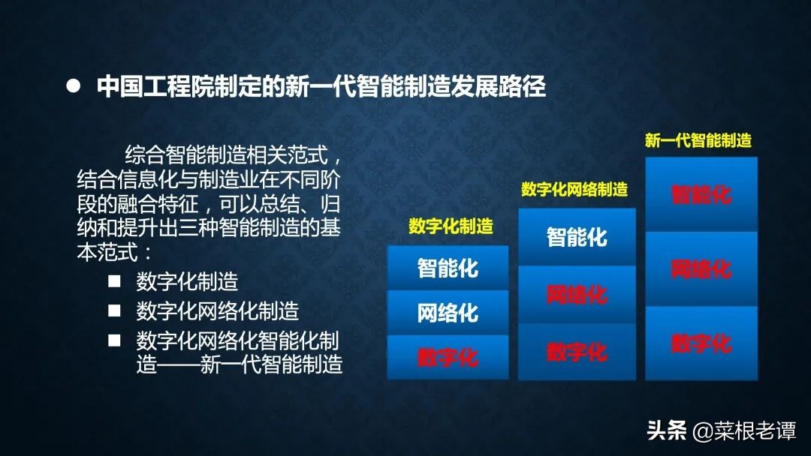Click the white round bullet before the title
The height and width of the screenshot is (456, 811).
pos(74,85)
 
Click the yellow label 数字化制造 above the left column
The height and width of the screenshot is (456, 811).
pos(451,226)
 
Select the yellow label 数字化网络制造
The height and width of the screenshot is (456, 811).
pos(574,189)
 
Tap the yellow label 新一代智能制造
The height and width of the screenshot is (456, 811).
pos(698,140)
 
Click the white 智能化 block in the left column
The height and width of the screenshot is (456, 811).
pos(448,268)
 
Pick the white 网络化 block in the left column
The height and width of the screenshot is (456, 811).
pos(448,313)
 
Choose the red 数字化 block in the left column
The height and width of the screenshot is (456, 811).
pos(448,357)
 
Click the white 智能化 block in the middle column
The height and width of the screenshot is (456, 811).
pos(577,237)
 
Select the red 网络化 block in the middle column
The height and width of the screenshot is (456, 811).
pos(577,294)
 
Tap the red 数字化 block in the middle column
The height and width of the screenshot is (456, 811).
pos(577,352)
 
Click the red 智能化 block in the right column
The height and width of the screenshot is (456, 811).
pos(701,194)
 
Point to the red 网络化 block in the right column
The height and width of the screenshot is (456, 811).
pos(701,268)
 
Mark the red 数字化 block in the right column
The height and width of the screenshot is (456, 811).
pos(701,343)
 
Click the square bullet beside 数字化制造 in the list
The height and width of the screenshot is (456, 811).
pos(114,281)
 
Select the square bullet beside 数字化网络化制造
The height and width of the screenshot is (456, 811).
pos(114,310)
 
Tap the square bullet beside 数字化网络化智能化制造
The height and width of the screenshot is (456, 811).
pos(114,340)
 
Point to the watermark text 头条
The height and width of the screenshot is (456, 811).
pos(667,430)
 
